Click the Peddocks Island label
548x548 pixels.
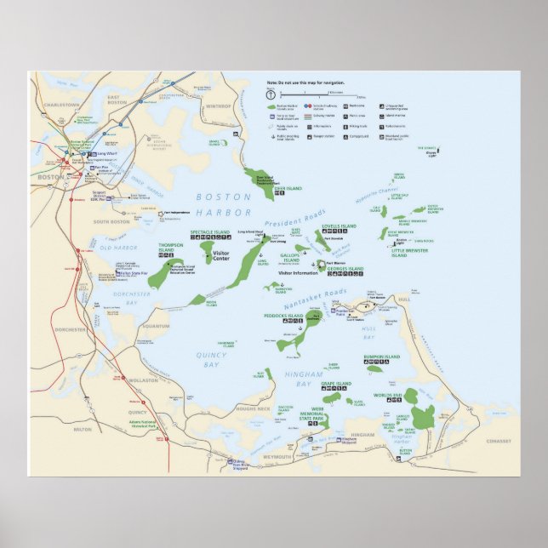(x=284, y=316)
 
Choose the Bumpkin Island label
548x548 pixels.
(x=381, y=357)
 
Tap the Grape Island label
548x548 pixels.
(x=336, y=384)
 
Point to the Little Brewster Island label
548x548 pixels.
(x=411, y=253)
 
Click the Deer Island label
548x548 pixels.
(x=288, y=188)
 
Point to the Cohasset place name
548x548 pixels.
(x=499, y=441)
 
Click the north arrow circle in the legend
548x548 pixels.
(x=270, y=95)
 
